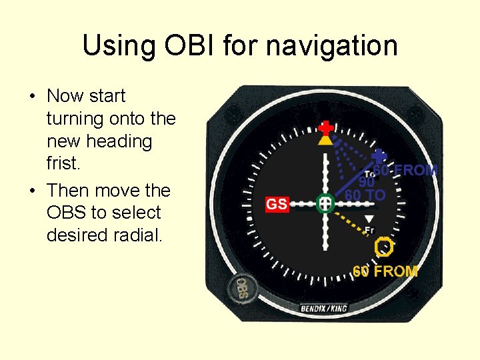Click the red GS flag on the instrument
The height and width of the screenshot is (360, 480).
click(x=277, y=204)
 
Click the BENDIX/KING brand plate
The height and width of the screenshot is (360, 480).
click(x=324, y=309)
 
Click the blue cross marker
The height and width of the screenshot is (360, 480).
click(x=379, y=157)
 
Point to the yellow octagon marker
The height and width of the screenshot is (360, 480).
click(x=385, y=247)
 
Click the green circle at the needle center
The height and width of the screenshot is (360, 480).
click(x=325, y=203)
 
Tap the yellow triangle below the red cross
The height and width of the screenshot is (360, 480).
click(x=325, y=140)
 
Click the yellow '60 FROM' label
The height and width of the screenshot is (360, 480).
click(x=385, y=271)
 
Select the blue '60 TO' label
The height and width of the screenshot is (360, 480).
click(x=365, y=195)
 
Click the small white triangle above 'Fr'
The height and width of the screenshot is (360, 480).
click(x=369, y=219)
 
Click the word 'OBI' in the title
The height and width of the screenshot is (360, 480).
click(x=188, y=46)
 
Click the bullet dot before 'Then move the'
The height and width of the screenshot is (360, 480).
click(x=32, y=191)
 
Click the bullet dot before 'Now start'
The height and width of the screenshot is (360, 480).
click(x=32, y=96)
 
